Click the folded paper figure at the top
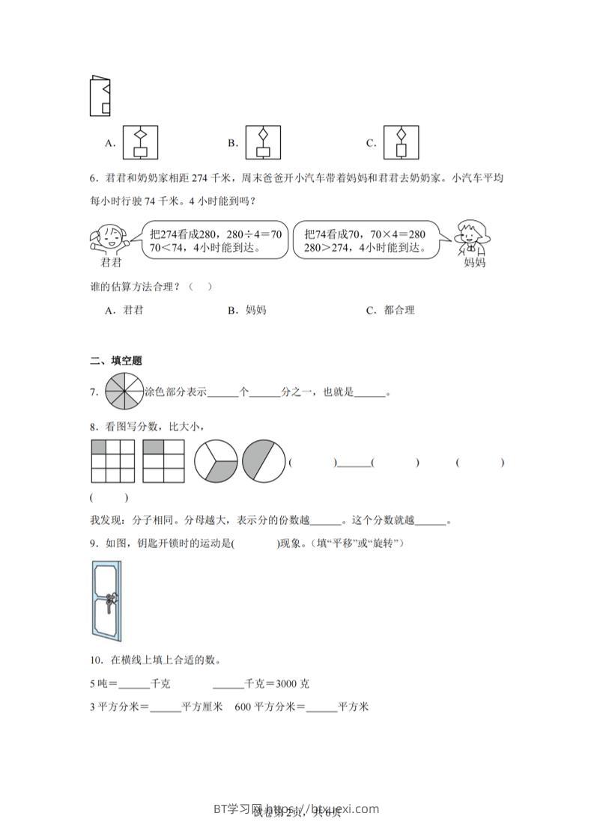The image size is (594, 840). [x=100, y=96]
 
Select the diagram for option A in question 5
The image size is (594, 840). [x=139, y=142]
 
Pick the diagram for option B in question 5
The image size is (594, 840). [x=262, y=142]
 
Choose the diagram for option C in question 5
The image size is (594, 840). [x=401, y=142]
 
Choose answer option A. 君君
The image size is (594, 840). [x=124, y=310]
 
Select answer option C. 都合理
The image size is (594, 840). [x=390, y=310]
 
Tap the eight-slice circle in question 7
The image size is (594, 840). [x=124, y=392]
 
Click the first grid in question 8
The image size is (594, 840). [x=113, y=461]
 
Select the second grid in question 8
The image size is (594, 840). [x=163, y=461]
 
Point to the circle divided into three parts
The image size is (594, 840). [x=216, y=461]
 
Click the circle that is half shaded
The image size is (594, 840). [x=264, y=461]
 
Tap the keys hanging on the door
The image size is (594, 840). [x=109, y=602]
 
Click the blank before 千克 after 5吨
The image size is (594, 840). [x=134, y=684]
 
